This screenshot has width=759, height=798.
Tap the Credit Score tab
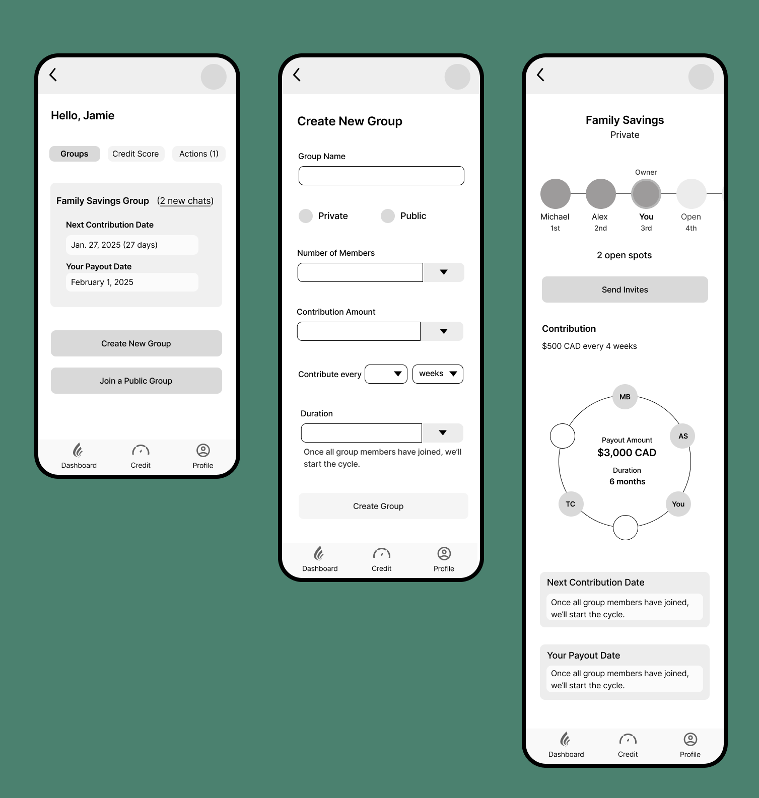pos(135,154)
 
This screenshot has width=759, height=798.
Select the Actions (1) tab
pos(198,154)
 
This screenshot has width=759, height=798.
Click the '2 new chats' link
pos(185,201)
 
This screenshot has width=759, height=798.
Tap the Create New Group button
pos(136,343)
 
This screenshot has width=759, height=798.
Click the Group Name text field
pos(381,176)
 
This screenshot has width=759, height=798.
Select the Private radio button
pos(306,216)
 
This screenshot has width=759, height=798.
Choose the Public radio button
pos(388,216)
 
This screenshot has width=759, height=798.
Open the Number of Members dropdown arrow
pos(444,272)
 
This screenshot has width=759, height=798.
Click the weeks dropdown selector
pos(438,374)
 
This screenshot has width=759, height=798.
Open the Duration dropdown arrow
pos(443,433)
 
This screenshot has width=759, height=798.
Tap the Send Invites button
pos(625,289)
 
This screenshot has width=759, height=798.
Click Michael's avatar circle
pos(555,194)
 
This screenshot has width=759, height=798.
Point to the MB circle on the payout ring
pos(625,397)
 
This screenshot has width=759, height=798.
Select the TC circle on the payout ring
pos(571,504)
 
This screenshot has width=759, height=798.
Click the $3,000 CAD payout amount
pos(627,453)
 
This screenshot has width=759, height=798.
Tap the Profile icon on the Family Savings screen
pos(690,739)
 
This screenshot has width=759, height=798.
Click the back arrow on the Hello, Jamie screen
pos(53,75)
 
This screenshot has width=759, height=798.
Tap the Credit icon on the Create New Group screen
pos(382,553)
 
